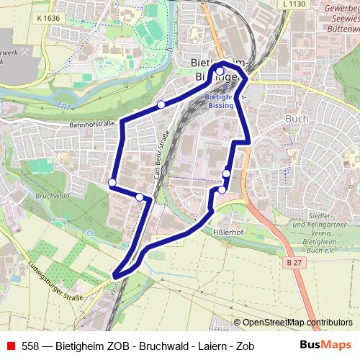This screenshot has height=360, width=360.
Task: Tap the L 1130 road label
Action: tap(294, 4)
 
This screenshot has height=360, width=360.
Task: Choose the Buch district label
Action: tap(297, 119)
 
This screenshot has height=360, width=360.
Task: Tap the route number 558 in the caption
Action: tap(30, 346)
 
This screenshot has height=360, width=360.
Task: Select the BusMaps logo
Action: tap(325, 345)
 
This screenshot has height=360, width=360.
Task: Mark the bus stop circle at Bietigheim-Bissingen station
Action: tap(220, 72)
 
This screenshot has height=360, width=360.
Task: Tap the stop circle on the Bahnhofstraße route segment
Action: tap(161, 105)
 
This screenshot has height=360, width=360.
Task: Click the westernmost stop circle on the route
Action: tap(112, 182)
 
